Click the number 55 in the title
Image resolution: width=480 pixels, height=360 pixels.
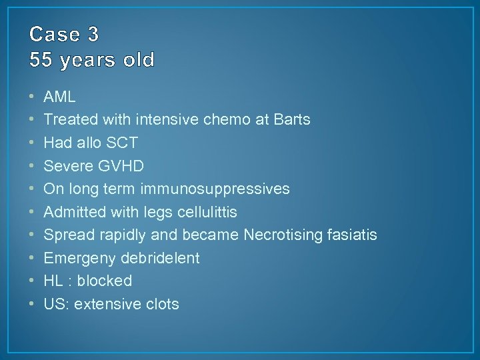tap(41, 61)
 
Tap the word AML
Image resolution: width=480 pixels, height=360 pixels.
tap(59, 97)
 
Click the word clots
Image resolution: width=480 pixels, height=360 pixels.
tap(162, 304)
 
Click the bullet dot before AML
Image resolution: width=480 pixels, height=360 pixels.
tap(31, 97)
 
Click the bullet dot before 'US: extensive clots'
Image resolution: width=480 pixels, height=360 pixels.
tap(31, 305)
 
